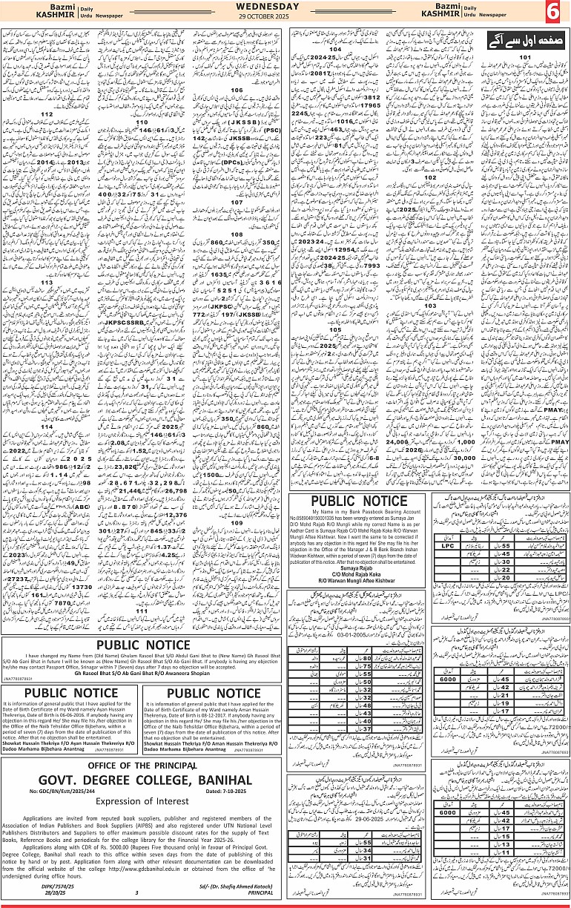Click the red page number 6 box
pos(553,13)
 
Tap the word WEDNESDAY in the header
pos(285,7)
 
